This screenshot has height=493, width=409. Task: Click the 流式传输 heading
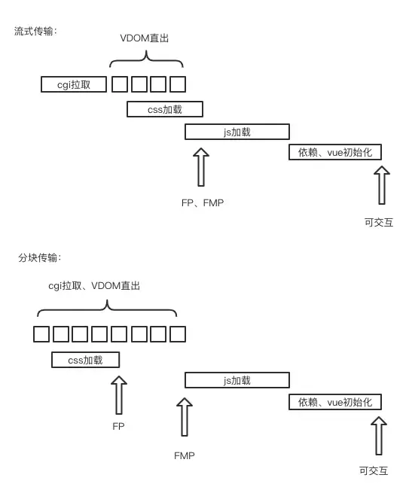[x=35, y=31]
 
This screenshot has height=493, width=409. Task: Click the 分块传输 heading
[x=39, y=258]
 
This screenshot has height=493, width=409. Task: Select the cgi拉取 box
[x=74, y=84]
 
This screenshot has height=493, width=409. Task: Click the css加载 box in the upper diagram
[x=165, y=109]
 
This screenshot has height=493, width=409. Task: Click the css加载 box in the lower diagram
[x=85, y=360]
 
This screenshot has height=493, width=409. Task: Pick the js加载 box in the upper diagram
[x=237, y=132]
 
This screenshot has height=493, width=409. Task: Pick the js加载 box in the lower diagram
[x=237, y=381]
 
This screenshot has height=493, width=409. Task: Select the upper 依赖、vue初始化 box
[x=335, y=153]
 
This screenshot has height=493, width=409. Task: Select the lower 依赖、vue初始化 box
[x=335, y=402]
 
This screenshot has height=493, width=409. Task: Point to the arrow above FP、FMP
[x=201, y=166]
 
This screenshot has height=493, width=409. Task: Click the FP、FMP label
[x=203, y=202]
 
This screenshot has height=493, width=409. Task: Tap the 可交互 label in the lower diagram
[x=374, y=471]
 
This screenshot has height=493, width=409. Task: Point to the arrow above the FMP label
[x=185, y=417]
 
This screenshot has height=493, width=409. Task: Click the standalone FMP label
[x=185, y=456]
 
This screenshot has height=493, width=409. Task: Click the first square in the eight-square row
[x=42, y=333]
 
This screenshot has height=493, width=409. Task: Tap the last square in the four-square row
[x=178, y=84]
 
